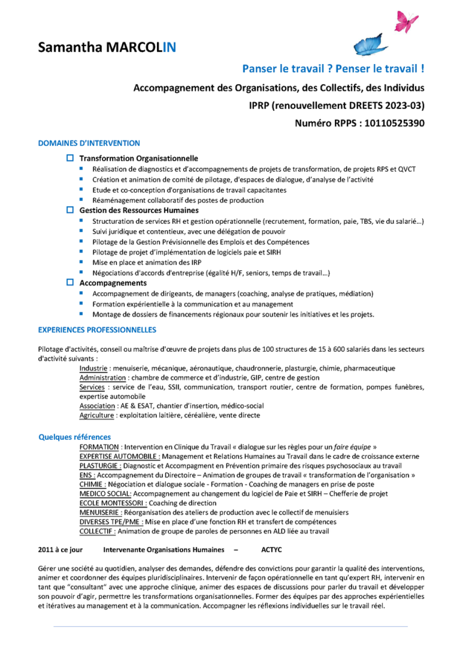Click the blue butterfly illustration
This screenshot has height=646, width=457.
coord(370,45)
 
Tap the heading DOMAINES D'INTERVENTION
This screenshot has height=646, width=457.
coord(89,143)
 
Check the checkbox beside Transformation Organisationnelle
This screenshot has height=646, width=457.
coord(70,158)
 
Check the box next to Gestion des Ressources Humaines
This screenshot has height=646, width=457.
coord(70,210)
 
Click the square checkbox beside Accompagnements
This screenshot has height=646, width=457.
coord(70,283)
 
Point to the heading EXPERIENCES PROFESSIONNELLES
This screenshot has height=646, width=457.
coord(97,330)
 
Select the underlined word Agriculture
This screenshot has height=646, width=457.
coord(97,415)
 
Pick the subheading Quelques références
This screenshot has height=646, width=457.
coord(75,437)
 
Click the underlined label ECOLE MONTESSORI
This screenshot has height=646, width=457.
coord(113,503)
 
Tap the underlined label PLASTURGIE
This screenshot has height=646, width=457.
coord(100,466)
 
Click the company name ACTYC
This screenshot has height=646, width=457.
coord(272,550)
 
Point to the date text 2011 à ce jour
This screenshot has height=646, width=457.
coord(60,550)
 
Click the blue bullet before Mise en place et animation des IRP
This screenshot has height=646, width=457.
coord(81,261)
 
